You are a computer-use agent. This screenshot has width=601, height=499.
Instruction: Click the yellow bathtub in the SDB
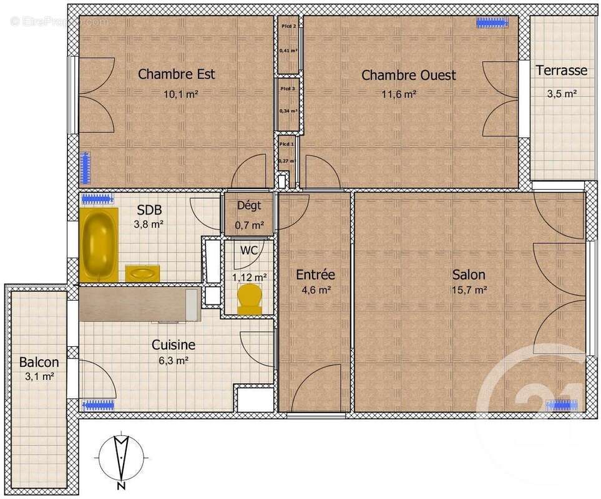click(x=99, y=244)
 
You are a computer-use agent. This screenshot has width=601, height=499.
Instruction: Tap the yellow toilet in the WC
click(x=250, y=299)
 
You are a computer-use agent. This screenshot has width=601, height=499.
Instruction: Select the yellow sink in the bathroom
click(x=142, y=273)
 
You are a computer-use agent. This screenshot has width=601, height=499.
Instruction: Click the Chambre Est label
click(x=177, y=74)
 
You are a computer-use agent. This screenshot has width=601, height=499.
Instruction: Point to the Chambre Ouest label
click(x=409, y=75)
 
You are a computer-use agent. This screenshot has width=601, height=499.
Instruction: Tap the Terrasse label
click(x=561, y=70)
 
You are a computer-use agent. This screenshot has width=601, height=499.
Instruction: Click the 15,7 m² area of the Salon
click(x=469, y=289)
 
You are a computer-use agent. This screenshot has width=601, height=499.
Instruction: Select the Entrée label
click(x=315, y=274)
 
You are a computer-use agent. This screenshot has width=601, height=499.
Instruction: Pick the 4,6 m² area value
click(x=315, y=289)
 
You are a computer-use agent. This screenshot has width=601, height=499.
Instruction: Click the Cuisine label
click(x=173, y=345)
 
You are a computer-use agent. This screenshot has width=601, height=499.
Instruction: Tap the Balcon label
click(x=39, y=362)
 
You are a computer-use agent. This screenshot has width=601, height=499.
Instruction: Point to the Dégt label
click(x=249, y=206)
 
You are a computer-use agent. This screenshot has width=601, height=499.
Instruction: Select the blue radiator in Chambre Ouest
click(x=492, y=23)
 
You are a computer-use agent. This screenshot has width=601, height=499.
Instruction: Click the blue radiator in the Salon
click(x=562, y=404)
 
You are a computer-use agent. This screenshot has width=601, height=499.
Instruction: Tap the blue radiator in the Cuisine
click(x=98, y=404)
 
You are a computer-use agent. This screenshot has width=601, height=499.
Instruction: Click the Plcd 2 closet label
click(x=288, y=26)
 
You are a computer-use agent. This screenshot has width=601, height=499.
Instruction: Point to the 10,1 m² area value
click(x=180, y=94)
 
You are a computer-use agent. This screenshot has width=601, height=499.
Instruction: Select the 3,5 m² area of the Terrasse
click(x=561, y=94)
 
